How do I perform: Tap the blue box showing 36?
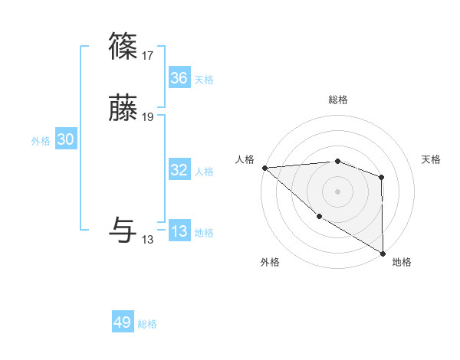coord(179,78)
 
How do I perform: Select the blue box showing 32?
coord(179,170)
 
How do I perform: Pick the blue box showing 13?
coord(179,232)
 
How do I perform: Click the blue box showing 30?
coord(66,139)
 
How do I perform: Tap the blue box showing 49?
coord(123,322)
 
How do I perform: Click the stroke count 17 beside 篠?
coord(147,56)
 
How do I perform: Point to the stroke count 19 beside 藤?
coord(147,117)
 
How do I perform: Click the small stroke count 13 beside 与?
coord(147,240)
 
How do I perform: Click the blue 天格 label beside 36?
coord(204,80)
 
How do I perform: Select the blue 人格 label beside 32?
coord(204,172)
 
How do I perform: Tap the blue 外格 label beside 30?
coord(41,141)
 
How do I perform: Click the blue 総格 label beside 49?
coord(147,324)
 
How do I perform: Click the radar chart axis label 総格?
coord(338,100)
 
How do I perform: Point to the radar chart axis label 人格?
coord(245,159)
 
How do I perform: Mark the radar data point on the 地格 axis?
coord(383,254)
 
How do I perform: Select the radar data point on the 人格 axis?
coord(264,167)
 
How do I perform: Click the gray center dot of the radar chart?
coord(338,191)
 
